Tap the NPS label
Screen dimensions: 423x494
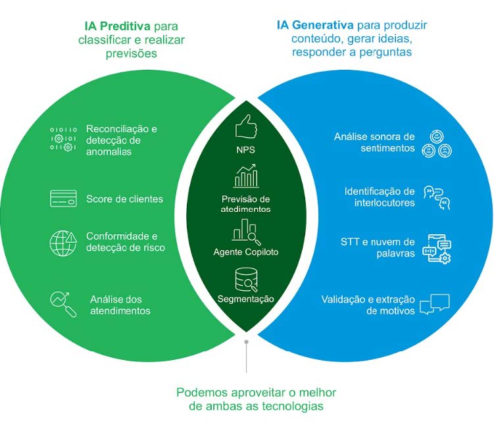click(245, 150)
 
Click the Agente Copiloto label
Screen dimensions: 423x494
click(246, 252)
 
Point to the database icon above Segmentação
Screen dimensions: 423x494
click(246, 280)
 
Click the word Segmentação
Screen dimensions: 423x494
click(246, 299)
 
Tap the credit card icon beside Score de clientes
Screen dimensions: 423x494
click(63, 199)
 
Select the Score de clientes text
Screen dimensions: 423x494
click(124, 199)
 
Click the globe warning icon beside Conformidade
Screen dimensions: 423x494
click(63, 242)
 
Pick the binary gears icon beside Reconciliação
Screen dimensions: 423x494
click(63, 140)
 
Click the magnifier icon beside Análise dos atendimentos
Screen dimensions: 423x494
click(63, 303)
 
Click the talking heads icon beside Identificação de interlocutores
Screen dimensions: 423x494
click(437, 197)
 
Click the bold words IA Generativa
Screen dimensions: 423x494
click(315, 26)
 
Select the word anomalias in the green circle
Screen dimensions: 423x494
click(109, 151)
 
